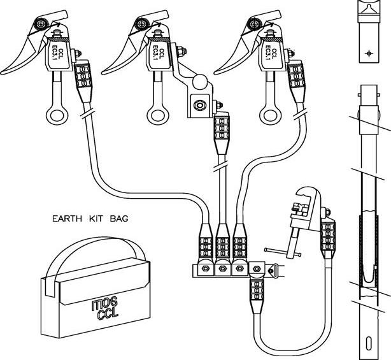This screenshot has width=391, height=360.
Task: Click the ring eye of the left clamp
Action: pyautogui.click(x=55, y=115)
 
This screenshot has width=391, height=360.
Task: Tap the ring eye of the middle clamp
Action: pyautogui.click(x=157, y=115)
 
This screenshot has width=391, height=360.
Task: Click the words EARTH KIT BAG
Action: pyautogui.click(x=90, y=219)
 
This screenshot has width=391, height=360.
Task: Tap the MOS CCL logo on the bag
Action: pyautogui.click(x=96, y=309)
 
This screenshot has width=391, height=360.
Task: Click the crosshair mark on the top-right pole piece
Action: pyautogui.click(x=367, y=54)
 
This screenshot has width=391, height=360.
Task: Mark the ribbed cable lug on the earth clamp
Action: pyautogui.click(x=329, y=235)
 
